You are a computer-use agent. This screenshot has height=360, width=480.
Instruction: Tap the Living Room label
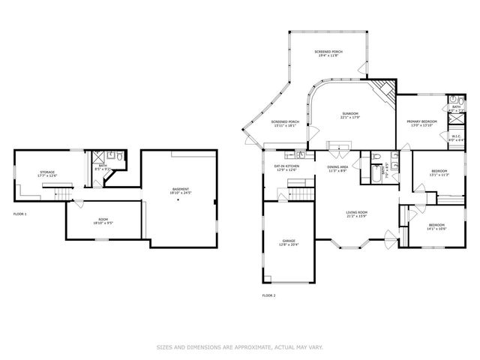coord(356,214)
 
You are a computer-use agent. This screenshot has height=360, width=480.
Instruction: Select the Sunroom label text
coord(350,115)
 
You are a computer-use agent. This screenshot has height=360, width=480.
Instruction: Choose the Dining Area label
coord(337,168)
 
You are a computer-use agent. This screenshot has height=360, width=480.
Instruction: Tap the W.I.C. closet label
coord(455,137)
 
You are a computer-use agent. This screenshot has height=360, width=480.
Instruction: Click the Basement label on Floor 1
coord(181,190)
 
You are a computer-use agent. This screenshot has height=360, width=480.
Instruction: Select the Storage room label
coord(47,174)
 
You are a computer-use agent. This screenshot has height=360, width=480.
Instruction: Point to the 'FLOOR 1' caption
coord(20,214)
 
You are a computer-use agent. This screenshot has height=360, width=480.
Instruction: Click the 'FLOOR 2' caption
coord(268,295)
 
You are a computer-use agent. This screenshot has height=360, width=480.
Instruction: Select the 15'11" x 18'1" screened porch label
coord(285,124)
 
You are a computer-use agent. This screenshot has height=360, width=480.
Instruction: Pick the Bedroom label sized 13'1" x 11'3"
coord(439,174)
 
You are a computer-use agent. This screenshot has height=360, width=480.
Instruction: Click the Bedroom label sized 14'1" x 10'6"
coord(436,226)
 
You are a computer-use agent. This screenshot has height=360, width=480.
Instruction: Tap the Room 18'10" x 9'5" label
coord(103,221)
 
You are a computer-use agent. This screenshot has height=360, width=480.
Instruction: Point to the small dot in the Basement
coord(178,200)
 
